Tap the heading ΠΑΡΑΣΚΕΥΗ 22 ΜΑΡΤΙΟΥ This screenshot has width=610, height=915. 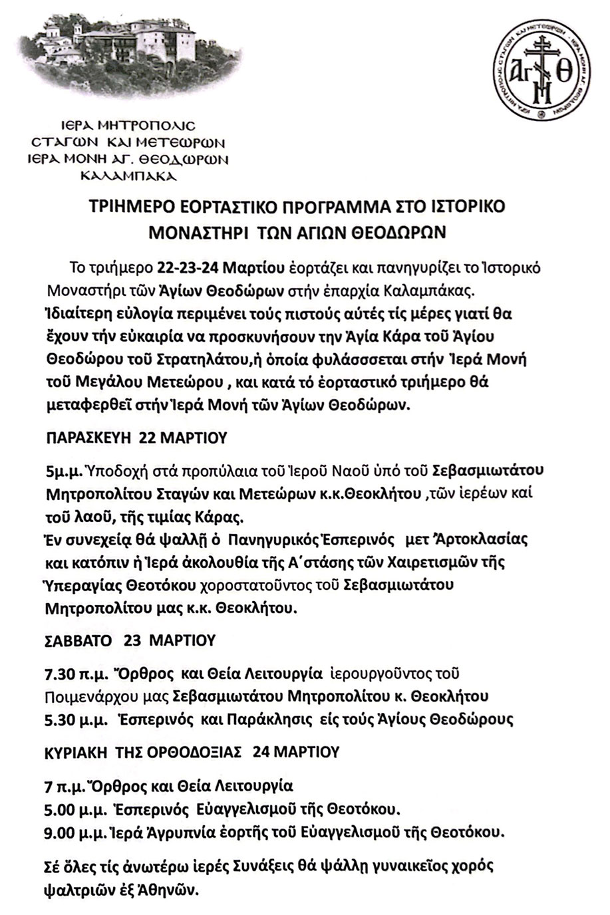pyautogui.click(x=136, y=438)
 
